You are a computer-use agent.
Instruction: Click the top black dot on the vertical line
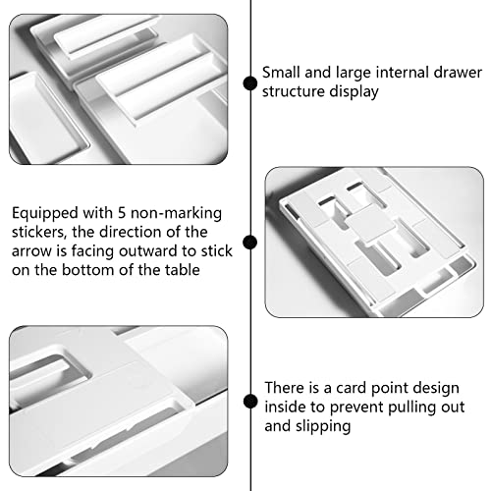(250, 83)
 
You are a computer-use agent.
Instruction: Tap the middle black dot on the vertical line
(250, 243)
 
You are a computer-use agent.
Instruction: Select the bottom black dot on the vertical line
(250, 402)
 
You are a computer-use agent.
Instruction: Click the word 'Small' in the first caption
(281, 73)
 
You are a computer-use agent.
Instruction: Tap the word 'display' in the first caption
(354, 92)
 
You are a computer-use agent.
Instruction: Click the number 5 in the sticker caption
(122, 213)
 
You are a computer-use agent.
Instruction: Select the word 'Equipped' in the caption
(45, 214)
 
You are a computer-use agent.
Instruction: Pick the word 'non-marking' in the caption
(176, 214)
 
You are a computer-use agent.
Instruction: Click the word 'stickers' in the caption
(39, 233)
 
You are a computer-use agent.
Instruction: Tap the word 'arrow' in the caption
(31, 251)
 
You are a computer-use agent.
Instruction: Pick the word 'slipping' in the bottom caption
(323, 427)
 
